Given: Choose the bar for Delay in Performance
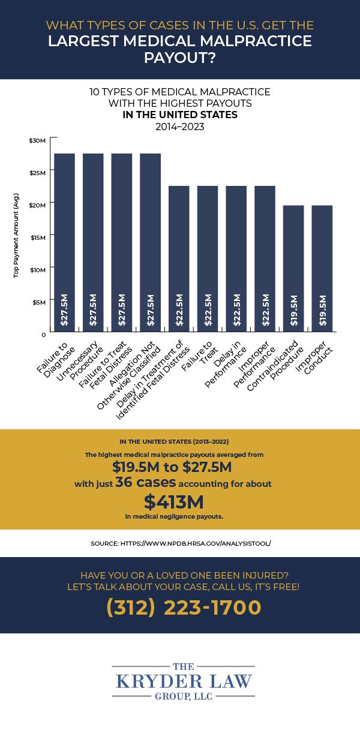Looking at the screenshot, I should click(x=236, y=258).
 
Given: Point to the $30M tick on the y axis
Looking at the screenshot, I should click(x=37, y=140).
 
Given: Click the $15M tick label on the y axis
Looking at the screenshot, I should click(x=37, y=237).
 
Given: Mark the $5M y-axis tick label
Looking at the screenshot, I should click(x=38, y=302).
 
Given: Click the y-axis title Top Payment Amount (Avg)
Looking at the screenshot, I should click(x=16, y=235).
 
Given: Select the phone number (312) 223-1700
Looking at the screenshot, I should click(x=184, y=607).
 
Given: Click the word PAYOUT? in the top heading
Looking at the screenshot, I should click(x=180, y=58).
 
